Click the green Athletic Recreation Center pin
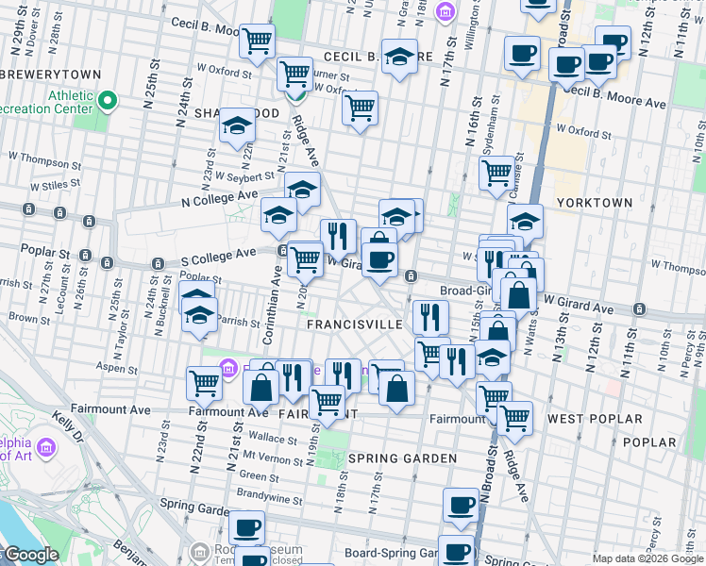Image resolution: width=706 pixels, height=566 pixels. (108, 99)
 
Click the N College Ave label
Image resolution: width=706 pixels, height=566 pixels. (219, 197)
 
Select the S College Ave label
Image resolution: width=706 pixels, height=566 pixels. (219, 254)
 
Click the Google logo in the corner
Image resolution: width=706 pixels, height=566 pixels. (31, 555)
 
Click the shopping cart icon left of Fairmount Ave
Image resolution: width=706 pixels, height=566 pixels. (205, 383)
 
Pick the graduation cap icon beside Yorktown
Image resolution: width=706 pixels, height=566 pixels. (526, 222)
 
